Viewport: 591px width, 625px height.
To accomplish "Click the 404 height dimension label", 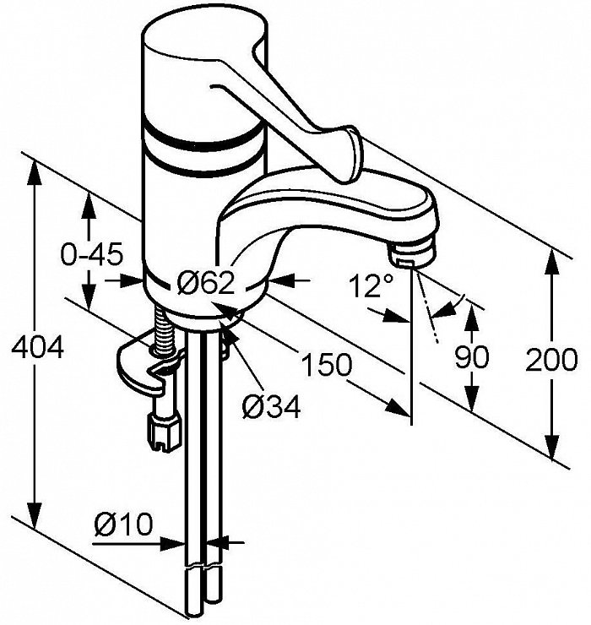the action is (x=37, y=347).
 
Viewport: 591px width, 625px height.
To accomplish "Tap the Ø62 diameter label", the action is (x=206, y=283).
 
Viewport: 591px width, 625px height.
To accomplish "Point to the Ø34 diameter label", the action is (x=271, y=406).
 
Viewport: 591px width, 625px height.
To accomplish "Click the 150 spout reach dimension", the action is (x=327, y=364).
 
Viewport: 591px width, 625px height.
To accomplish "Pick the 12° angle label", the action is (x=371, y=285).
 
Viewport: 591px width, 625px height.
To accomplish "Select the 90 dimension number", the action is (x=472, y=356).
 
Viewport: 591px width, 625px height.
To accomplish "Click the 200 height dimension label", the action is (x=551, y=359).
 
